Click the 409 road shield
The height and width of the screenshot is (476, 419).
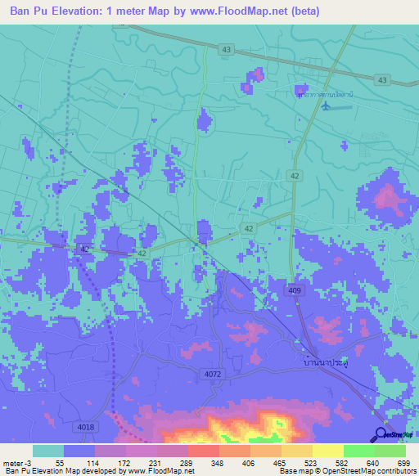[293, 290]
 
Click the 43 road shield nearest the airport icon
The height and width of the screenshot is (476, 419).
[382, 79]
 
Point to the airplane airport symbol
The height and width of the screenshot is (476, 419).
[329, 109]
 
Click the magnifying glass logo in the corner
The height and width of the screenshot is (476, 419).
[381, 435]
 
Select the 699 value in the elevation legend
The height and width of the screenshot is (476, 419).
[404, 463]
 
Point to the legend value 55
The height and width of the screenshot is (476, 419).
[60, 463]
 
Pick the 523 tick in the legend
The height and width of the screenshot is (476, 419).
[309, 463]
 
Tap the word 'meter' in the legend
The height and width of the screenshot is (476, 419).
[13, 463]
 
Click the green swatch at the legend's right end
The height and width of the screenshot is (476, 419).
[390, 451]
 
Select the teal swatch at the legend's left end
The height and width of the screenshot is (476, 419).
[48, 451]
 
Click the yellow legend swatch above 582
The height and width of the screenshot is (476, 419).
[327, 451]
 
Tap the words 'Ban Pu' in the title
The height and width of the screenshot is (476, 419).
[30, 11]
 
